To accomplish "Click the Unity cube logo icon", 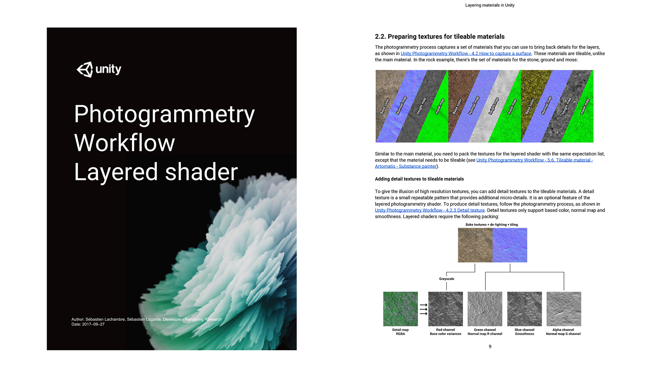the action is click(85, 70).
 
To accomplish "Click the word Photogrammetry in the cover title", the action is click(164, 114).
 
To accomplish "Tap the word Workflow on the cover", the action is click(125, 143).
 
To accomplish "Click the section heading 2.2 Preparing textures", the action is click(440, 36).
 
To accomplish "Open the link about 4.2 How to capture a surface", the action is click(466, 53).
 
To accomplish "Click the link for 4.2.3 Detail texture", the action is click(430, 210).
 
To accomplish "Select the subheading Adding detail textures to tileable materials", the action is click(419, 179).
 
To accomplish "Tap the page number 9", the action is click(490, 347).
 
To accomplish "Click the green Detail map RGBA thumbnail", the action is click(401, 309).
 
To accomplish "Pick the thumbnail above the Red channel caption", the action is click(446, 309).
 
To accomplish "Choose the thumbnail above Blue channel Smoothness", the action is click(525, 309).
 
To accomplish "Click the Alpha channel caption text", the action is click(563, 332).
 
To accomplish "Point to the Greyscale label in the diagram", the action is click(447, 279).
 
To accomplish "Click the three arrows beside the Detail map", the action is click(423, 309).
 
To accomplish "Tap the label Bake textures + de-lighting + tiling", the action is click(492, 225).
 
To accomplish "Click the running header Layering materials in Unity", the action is click(490, 5).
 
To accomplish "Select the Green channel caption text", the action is click(485, 332).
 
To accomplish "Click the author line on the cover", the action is click(147, 319).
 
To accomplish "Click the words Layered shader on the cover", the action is click(156, 172).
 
